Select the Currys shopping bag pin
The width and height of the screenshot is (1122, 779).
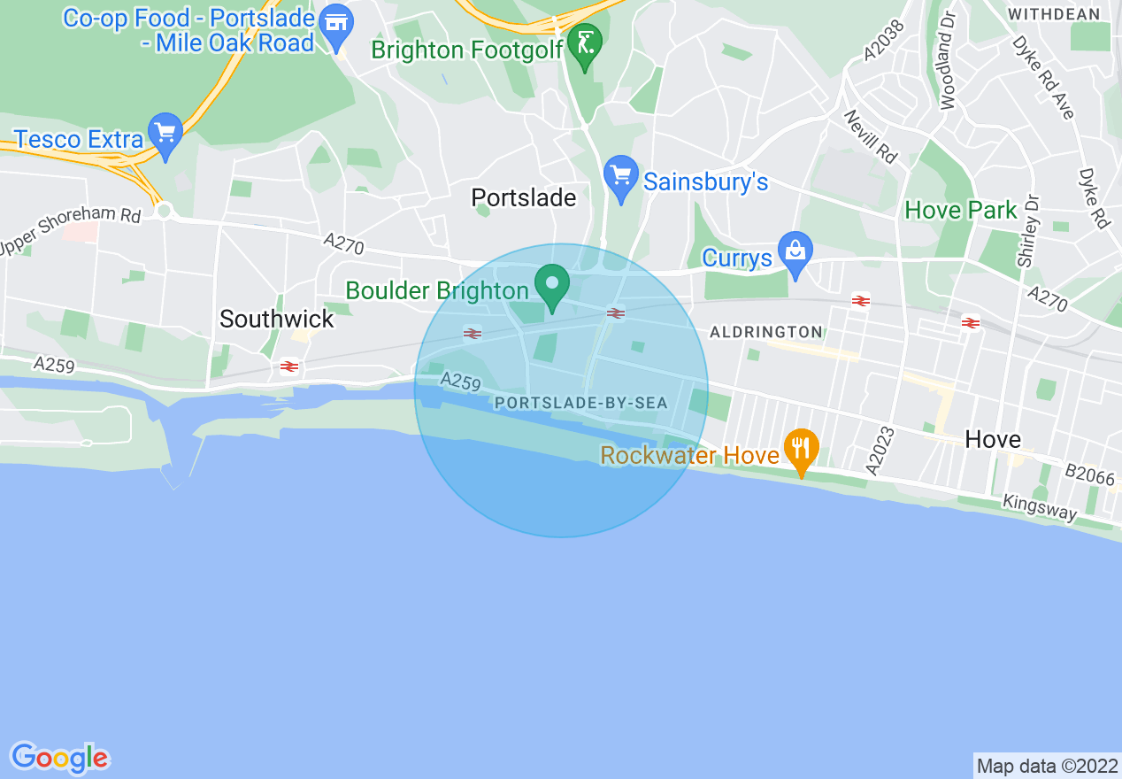pyautogui.click(x=795, y=253)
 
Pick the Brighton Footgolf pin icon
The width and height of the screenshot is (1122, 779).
pyautogui.click(x=585, y=44)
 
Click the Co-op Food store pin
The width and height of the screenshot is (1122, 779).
pyautogui.click(x=336, y=26)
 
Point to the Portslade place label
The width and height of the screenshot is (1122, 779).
pyautogui.click(x=524, y=197)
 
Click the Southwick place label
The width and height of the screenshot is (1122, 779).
pyautogui.click(x=277, y=319)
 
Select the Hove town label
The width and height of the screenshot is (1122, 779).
pyautogui.click(x=993, y=439)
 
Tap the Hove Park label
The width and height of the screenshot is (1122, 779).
pyautogui.click(x=961, y=211)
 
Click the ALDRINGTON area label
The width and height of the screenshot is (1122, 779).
pyautogui.click(x=766, y=332)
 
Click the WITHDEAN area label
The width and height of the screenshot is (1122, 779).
pyautogui.click(x=1054, y=14)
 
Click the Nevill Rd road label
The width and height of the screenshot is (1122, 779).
pyautogui.click(x=870, y=136)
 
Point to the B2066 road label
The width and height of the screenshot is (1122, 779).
pyautogui.click(x=1090, y=475)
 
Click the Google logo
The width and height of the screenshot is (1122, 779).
pyautogui.click(x=59, y=758)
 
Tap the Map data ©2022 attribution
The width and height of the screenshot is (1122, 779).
pyautogui.click(x=1047, y=766)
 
